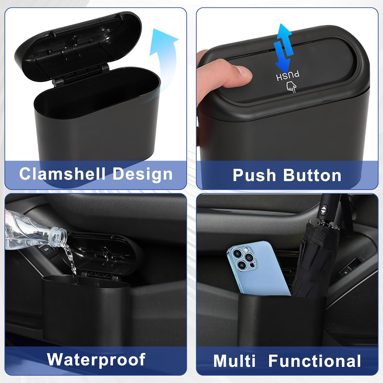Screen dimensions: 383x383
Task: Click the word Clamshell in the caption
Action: [x=62, y=174]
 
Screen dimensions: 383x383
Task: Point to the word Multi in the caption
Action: [x=234, y=361]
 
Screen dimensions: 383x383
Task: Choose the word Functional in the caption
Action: [x=315, y=361]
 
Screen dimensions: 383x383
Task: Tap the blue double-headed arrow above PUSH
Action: [x=283, y=49]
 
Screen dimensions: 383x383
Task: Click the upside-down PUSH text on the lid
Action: [x=288, y=76]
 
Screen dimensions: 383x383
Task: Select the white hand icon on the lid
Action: [x=291, y=87]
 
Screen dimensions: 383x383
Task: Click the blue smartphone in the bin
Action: [x=258, y=268]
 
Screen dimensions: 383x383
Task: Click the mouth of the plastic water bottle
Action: [x=61, y=234]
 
